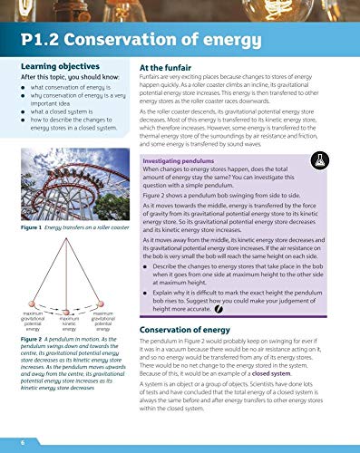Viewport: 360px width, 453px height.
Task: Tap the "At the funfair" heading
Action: point(171,68)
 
